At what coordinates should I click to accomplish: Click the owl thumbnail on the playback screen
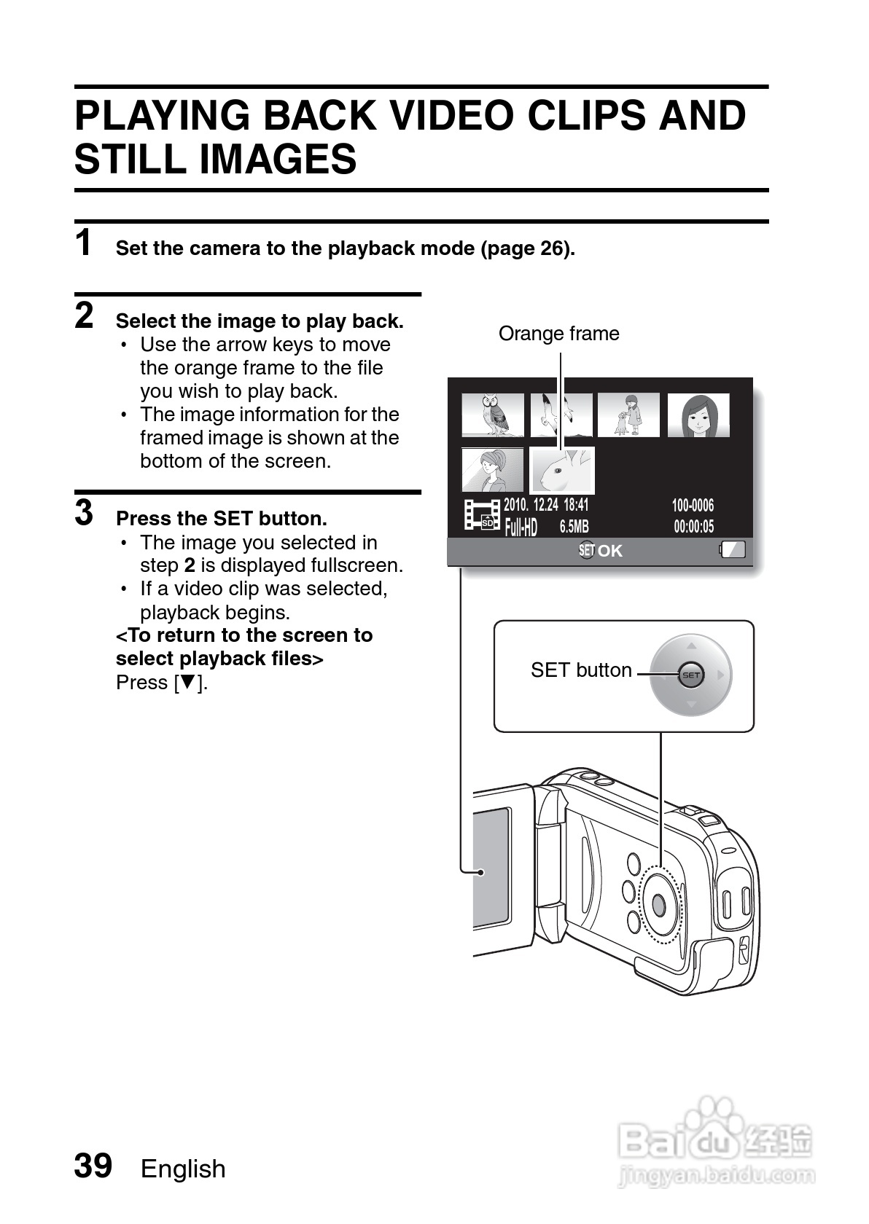(493, 415)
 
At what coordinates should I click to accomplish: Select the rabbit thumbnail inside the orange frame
(562, 470)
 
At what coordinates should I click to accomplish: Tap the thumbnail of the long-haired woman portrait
(698, 415)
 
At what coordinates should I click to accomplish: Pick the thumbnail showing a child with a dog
(628, 415)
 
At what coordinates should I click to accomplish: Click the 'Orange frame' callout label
(558, 334)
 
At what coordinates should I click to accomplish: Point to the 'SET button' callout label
(581, 670)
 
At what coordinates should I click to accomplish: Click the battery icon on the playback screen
(733, 549)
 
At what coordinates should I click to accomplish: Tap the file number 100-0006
(693, 506)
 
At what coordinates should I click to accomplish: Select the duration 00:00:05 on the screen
(693, 527)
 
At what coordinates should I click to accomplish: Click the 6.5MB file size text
(574, 527)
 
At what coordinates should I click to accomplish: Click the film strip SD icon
(482, 515)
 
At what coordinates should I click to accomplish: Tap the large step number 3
(85, 513)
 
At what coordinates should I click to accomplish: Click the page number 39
(93, 1166)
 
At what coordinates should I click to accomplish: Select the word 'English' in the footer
(183, 1169)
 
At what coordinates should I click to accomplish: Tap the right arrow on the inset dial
(720, 675)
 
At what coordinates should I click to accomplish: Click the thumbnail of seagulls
(561, 415)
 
